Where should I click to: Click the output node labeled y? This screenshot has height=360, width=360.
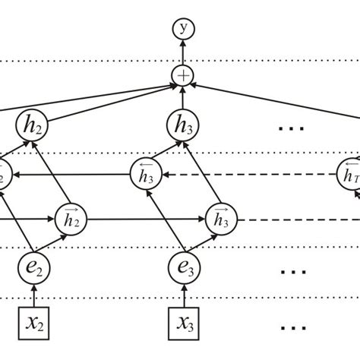[182, 30]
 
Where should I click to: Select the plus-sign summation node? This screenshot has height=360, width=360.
[182, 75]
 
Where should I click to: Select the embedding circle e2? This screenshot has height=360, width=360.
[32, 267]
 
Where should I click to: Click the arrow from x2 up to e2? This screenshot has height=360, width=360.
[32, 295]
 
